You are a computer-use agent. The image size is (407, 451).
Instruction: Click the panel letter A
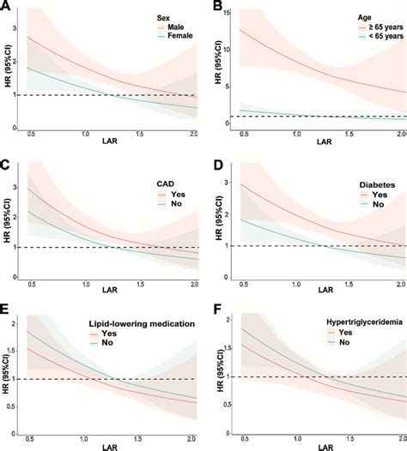coord(6,7)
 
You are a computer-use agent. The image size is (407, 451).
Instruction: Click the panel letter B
coord(215,7)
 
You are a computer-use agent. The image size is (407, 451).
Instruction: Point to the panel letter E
coord(6,307)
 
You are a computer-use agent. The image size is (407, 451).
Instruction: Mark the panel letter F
coord(215,307)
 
